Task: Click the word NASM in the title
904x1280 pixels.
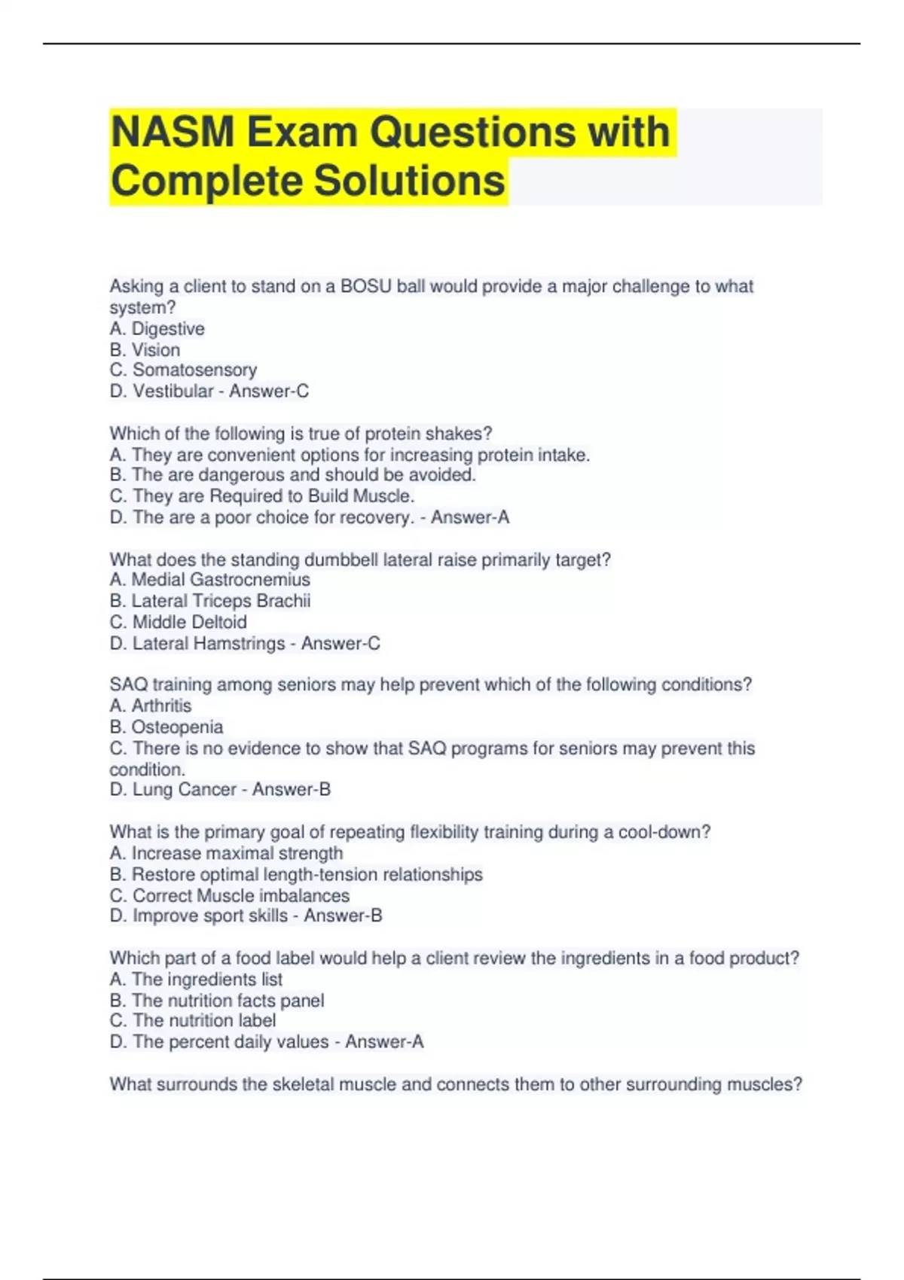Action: click(x=173, y=132)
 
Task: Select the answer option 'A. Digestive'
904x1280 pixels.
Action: click(x=157, y=329)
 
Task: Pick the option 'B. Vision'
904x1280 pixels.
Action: click(x=145, y=350)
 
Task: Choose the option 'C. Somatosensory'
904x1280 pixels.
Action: click(x=183, y=370)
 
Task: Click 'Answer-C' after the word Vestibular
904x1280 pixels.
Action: click(x=269, y=392)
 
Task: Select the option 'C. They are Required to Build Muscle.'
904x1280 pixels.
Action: click(x=262, y=496)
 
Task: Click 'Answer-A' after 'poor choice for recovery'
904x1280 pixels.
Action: click(x=470, y=517)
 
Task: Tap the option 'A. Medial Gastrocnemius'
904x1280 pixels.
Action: click(x=209, y=580)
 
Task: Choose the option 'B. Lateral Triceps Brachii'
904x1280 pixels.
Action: click(x=209, y=601)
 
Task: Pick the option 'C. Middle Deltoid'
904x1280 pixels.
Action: click(x=178, y=622)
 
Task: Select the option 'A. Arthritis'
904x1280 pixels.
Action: click(x=150, y=706)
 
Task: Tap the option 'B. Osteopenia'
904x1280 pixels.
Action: click(x=166, y=727)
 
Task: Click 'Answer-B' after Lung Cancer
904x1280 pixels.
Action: click(x=292, y=789)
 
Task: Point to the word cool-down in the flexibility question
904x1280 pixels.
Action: click(x=664, y=832)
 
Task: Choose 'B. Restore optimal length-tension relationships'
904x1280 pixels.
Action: click(x=296, y=874)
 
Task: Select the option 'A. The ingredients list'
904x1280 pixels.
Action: click(x=196, y=979)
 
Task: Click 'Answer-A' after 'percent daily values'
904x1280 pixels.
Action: click(x=384, y=1041)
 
